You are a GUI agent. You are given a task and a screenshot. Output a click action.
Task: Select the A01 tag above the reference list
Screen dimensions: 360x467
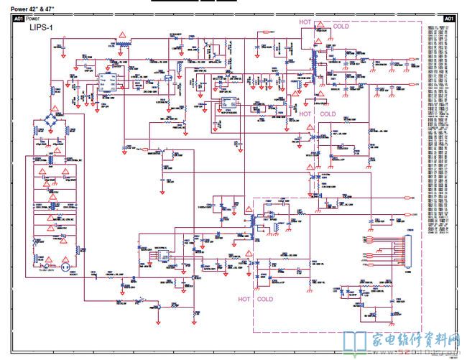click(448, 18)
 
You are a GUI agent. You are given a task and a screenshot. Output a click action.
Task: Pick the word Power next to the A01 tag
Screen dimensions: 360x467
click(33, 18)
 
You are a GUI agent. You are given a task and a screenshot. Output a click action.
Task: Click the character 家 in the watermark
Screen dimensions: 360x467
click(379, 338)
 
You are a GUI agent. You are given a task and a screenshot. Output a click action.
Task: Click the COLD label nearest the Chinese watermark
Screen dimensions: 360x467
click(264, 299)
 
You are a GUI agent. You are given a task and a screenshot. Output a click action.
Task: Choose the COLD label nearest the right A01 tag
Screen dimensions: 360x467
click(342, 26)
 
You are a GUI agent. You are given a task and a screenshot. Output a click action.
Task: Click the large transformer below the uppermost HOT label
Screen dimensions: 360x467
click(315, 61)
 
